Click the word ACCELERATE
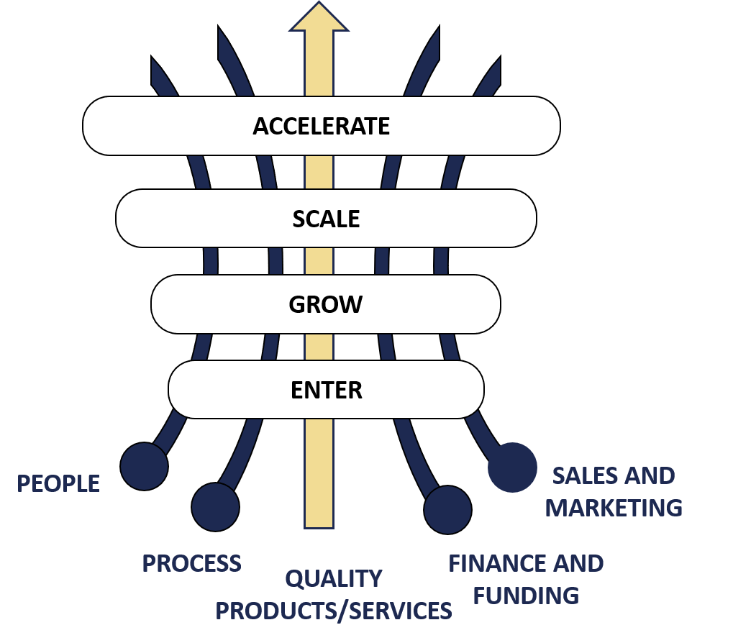click(321, 126)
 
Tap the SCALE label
click(326, 219)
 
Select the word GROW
click(325, 304)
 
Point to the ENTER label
click(326, 390)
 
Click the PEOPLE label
click(58, 484)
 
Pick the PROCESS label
click(191, 563)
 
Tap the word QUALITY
click(334, 578)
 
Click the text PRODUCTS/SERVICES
click(334, 611)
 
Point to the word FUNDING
click(527, 596)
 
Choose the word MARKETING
click(614, 508)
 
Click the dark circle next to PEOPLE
click(144, 466)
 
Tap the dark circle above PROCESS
click(215, 506)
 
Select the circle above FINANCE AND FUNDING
click(447, 509)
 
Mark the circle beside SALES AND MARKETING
click(512, 468)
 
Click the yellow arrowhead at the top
click(319, 18)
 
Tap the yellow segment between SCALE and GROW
click(319, 261)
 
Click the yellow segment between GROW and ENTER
click(319, 347)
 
